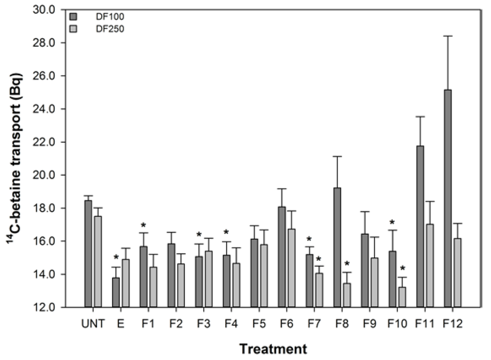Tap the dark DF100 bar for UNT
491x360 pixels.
[x=88, y=254]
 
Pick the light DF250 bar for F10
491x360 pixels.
[x=402, y=297]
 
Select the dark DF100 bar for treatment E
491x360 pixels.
[x=116, y=292]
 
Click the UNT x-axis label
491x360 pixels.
[x=93, y=324]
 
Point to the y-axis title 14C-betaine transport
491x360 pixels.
[x=13, y=158]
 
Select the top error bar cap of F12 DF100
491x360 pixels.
[x=447, y=36]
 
